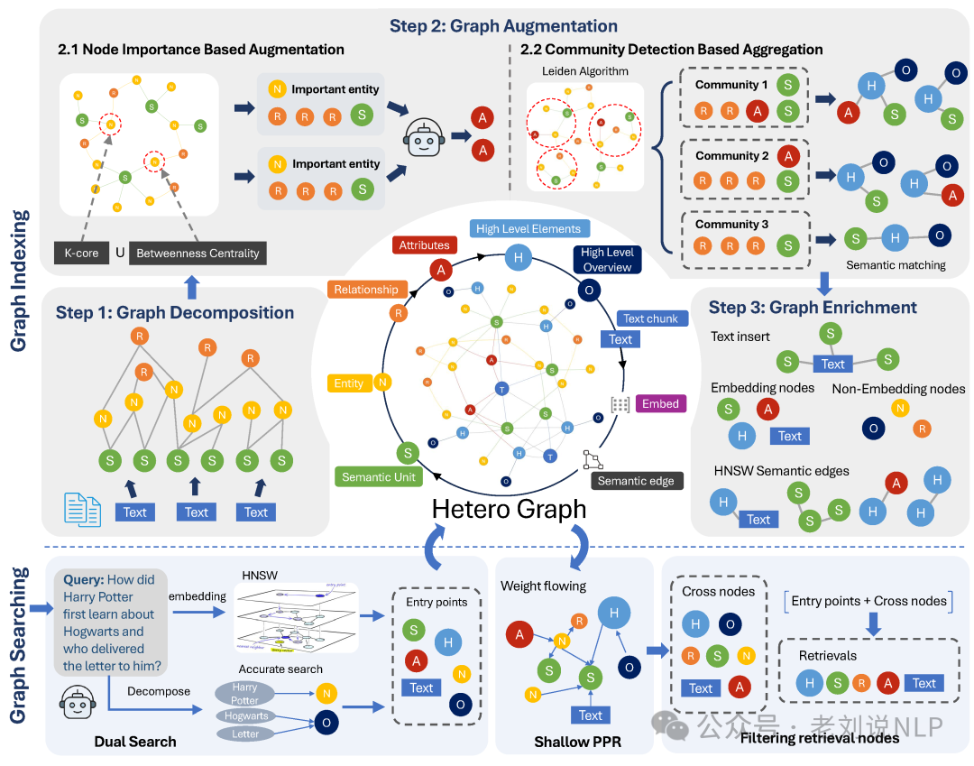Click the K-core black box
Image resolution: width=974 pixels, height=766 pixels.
click(82, 254)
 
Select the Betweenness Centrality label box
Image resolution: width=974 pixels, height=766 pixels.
click(198, 254)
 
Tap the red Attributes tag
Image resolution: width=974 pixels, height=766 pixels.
click(424, 245)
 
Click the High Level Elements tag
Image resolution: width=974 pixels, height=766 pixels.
click(528, 229)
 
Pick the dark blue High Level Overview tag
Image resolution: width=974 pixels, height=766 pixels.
click(607, 260)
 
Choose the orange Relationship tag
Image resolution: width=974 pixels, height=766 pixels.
click(365, 290)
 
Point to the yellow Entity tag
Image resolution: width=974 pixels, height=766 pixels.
click(348, 383)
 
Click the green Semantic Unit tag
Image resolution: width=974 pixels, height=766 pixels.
click(378, 476)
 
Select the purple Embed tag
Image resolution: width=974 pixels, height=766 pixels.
click(660, 403)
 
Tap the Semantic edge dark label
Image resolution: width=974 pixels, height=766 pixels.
click(636, 481)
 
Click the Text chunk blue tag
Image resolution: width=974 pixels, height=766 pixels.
click(650, 318)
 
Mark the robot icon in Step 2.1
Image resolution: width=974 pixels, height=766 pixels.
click(423, 136)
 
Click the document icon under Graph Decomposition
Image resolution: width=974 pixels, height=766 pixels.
click(82, 510)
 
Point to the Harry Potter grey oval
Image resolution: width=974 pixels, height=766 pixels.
click(244, 694)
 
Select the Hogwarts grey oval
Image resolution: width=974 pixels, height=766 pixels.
click(246, 715)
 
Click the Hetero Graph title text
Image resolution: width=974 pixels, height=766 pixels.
click(509, 509)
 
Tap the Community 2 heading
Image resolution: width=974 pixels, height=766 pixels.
click(731, 156)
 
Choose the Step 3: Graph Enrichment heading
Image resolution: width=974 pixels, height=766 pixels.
click(813, 308)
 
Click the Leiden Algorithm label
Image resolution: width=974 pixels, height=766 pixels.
click(585, 71)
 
